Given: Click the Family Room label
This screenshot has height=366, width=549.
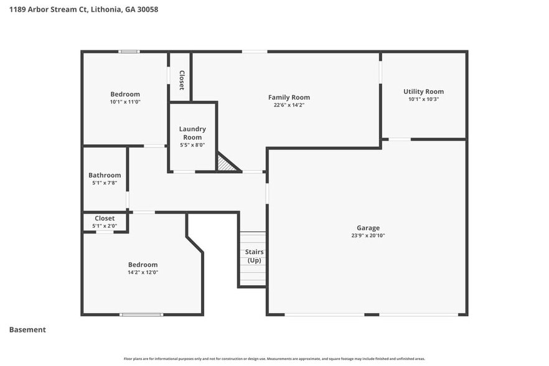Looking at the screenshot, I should coord(289,97).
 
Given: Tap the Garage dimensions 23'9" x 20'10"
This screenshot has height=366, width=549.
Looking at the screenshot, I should coord(368,236).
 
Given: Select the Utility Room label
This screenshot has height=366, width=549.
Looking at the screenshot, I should coord(423,91).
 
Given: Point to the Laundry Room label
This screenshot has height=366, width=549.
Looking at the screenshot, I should coord(192,133).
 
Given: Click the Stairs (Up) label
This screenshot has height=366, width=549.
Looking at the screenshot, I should coord(254,256).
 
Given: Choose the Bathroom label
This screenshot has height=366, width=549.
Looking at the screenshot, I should coord(105,176).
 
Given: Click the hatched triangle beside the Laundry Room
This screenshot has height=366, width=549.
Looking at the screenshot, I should coord(226,164).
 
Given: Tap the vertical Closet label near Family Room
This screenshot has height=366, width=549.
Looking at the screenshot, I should coord(182,80).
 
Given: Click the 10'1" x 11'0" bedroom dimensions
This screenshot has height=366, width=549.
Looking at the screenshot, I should coord(125,102).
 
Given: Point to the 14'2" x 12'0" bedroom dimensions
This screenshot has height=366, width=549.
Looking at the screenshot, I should coord(143,273).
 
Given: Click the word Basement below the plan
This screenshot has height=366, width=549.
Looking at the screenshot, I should coord(27,330).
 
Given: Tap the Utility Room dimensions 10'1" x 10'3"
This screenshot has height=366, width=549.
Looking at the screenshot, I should coord(423,100).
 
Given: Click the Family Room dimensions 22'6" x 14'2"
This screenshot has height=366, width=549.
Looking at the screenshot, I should coord(289,105).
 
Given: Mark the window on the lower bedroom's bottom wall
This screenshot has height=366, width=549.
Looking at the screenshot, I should coord(141,314).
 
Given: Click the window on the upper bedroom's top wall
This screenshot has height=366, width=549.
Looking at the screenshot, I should coord(129,52).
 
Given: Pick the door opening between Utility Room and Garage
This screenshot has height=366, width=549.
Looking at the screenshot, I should coord(400,139).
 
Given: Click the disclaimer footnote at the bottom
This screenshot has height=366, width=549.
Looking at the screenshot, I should coord(274,359).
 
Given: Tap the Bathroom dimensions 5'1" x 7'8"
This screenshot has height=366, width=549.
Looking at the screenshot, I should coord(105,184).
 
